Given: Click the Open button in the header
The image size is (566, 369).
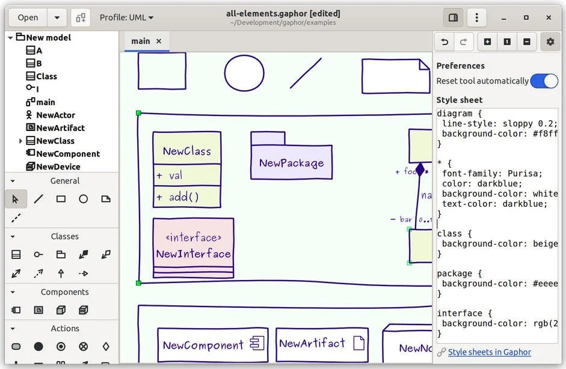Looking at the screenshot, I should coord(28,17).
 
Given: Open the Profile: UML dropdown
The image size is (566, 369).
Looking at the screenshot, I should coord(126,17).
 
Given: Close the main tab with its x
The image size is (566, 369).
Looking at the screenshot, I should coord(159,41).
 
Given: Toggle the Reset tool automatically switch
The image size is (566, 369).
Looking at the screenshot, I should coord(544,81).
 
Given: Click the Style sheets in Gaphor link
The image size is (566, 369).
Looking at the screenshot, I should coord(489,352).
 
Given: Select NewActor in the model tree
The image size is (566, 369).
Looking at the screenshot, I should coord(55,115).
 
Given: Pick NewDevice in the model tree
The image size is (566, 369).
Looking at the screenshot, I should coord(58,166).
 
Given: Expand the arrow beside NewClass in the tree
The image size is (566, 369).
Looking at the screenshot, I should coord(20,141).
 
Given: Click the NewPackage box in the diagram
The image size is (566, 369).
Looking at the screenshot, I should coord(291,162).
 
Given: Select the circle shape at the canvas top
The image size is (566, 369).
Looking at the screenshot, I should coord(244,73).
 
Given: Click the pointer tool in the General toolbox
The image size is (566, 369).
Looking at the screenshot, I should coord(16,199).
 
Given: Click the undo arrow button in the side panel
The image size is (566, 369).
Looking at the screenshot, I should coord(445,41).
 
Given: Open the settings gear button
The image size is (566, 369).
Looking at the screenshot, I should coord(550,41).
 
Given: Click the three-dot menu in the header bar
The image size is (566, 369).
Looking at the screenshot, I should coord(476,17).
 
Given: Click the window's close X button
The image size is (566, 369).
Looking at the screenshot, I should coord(549,17).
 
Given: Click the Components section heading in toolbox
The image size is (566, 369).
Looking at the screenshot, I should coord(64,292).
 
